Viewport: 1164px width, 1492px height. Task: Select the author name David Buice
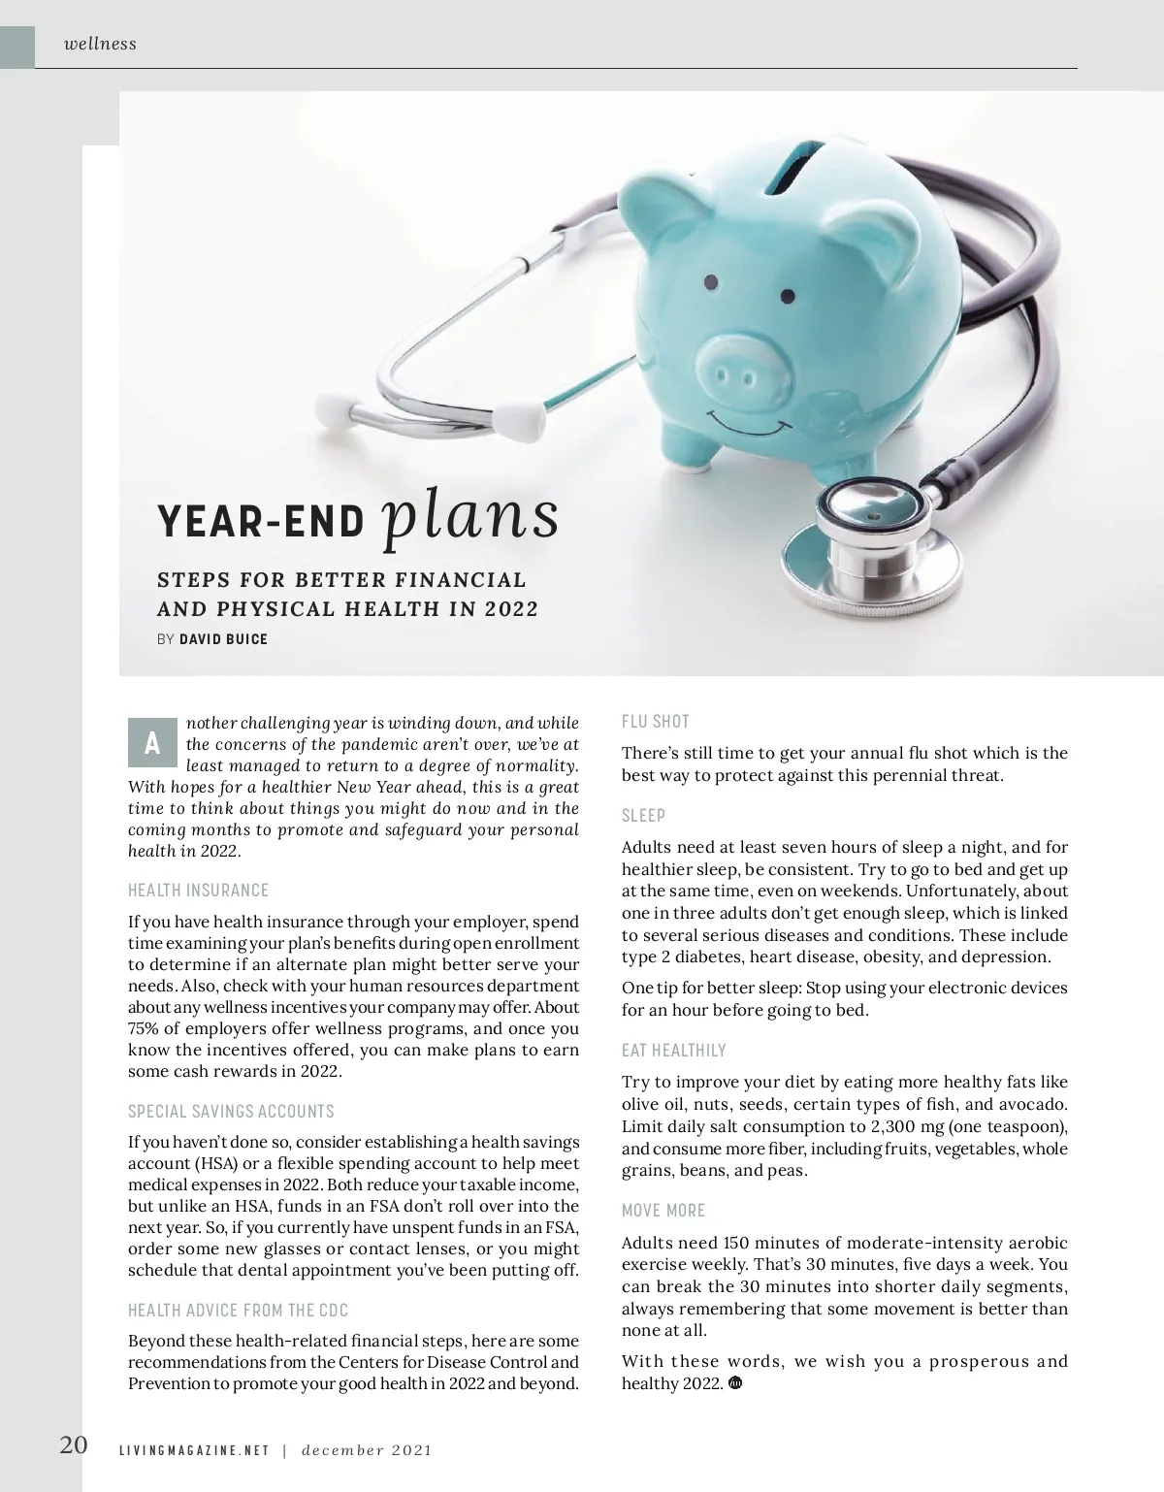[x=223, y=639]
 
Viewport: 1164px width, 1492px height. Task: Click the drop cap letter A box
[x=152, y=743]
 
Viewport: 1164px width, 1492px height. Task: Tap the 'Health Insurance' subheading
[x=198, y=890]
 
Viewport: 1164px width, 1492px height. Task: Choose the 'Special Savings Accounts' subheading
[x=231, y=1111]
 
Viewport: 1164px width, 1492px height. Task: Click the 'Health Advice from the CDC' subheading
[x=238, y=1310]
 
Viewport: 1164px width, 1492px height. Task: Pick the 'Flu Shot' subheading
[x=655, y=721]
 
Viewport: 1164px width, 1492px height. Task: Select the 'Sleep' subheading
[x=643, y=815]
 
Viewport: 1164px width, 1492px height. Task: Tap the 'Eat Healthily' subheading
[x=673, y=1050]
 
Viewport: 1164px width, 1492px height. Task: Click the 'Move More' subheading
[x=663, y=1210]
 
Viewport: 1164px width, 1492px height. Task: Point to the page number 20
[x=74, y=1444]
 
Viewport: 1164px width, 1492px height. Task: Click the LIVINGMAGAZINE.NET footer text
[x=193, y=1450]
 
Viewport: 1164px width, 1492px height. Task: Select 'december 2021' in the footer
[x=366, y=1450]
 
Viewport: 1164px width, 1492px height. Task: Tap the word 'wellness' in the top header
[x=100, y=44]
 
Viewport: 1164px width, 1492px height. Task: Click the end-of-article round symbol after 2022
[x=734, y=1383]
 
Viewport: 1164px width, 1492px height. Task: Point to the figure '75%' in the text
[x=145, y=1028]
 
